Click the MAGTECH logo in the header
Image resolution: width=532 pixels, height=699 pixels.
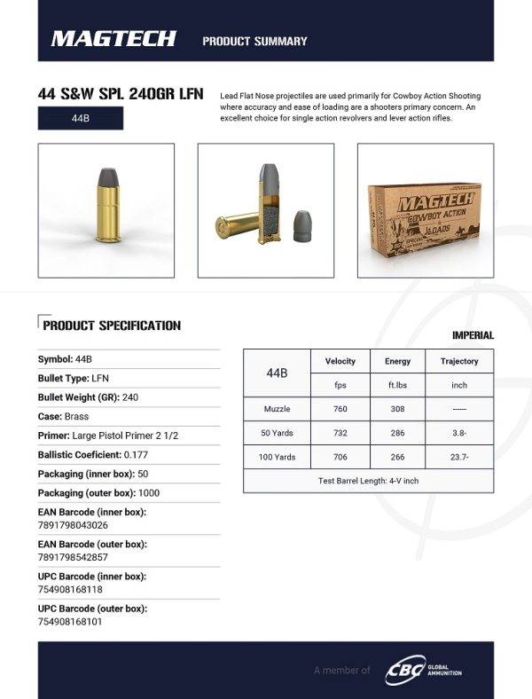point(113,38)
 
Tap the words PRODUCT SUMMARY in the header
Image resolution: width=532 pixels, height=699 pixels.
point(254,41)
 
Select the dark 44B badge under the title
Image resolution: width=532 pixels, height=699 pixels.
point(81,118)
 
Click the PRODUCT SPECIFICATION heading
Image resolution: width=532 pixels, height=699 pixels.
point(112,326)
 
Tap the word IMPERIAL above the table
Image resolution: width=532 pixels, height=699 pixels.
point(473,335)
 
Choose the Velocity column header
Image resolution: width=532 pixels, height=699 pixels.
point(340,361)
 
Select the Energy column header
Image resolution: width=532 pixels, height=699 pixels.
point(397,361)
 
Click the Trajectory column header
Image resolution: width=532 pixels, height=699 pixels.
point(459,361)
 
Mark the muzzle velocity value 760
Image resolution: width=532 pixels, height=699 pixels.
point(340,409)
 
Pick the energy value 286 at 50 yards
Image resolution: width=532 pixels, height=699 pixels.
point(397,433)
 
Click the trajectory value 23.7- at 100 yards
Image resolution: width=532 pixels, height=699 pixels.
point(459,457)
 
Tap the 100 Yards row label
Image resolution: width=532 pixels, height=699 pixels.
point(278,457)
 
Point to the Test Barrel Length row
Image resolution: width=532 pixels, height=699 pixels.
point(368,481)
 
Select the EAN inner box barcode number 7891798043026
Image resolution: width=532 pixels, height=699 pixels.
point(74,524)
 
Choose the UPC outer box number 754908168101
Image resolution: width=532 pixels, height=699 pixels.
point(70,621)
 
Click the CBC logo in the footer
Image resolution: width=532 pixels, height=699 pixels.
point(403,670)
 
